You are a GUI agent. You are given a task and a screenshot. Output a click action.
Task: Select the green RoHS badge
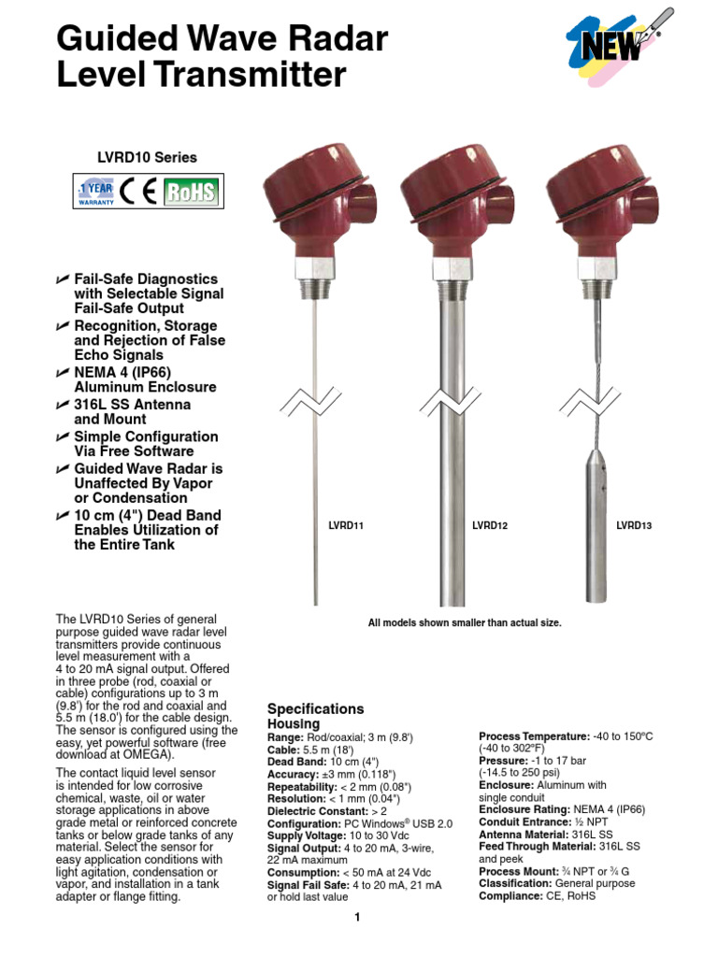click(190, 193)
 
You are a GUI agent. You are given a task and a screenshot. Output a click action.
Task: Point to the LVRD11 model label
click(345, 526)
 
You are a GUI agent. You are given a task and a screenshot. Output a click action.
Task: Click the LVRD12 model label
click(490, 526)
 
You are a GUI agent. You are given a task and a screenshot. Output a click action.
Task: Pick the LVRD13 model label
click(634, 526)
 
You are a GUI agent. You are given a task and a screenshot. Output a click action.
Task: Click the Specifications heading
click(315, 709)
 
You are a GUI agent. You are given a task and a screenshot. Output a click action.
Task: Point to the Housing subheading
click(294, 724)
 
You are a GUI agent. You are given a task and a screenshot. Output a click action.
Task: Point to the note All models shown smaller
click(465, 622)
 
